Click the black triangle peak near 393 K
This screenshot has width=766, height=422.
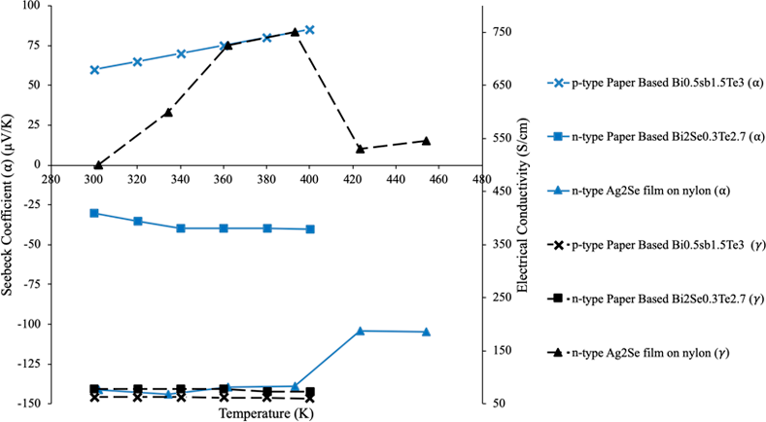click(295, 32)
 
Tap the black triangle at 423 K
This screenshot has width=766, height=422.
click(361, 149)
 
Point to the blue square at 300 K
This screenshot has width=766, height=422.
click(94, 213)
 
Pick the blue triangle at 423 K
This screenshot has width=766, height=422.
click(361, 332)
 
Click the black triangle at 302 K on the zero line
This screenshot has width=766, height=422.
click(97, 165)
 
